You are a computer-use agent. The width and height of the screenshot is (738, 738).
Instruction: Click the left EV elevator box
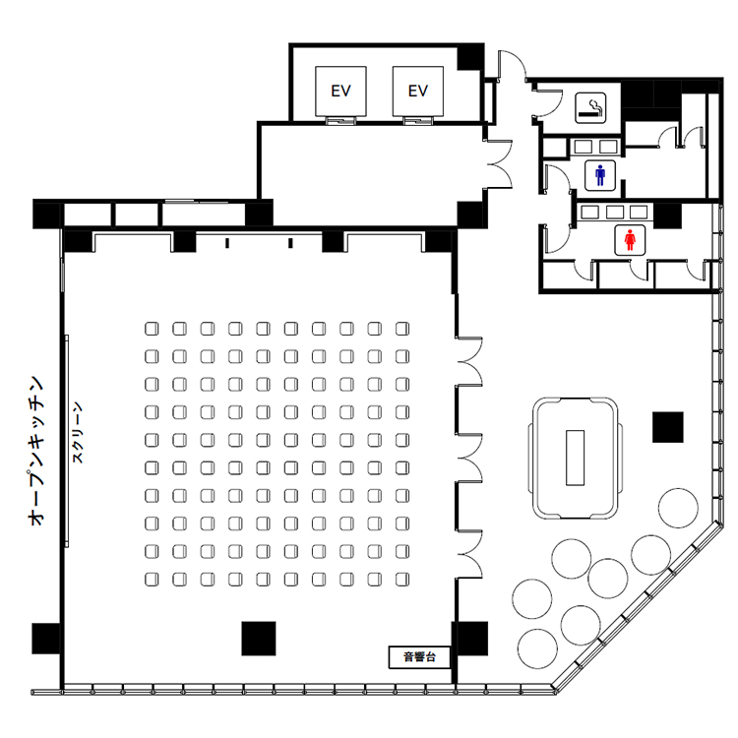point(340,92)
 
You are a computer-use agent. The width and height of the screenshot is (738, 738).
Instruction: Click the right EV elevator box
point(418,92)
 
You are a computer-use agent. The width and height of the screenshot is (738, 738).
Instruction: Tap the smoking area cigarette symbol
point(590,108)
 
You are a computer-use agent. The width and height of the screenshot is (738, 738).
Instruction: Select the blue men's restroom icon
point(600,175)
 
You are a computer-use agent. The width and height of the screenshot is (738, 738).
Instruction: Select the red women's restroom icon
point(630,240)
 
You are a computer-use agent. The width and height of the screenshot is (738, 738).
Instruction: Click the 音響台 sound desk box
point(419,657)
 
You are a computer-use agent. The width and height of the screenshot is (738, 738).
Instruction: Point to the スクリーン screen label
point(78,432)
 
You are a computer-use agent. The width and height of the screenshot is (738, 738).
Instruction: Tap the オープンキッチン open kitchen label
point(36,451)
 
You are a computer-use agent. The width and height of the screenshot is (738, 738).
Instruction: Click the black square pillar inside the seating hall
point(259,639)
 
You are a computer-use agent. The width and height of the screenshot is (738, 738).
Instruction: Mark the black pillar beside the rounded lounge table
point(668,427)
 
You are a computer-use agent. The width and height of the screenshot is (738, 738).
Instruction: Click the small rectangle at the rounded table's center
point(576,458)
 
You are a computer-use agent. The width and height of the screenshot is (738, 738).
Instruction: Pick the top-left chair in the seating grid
point(152,329)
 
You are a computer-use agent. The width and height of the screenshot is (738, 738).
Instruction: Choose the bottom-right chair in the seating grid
point(402,580)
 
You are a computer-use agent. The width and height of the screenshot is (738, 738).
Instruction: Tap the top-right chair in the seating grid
point(402,329)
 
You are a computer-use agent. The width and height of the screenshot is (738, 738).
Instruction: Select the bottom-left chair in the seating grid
point(152,580)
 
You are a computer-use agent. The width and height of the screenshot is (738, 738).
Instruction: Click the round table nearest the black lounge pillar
point(678,509)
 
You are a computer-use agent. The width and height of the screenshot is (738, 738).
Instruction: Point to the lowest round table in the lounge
point(537,648)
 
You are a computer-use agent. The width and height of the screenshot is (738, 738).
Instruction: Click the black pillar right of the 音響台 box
point(470,639)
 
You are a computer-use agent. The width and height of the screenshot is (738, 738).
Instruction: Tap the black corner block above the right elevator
point(470,57)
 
